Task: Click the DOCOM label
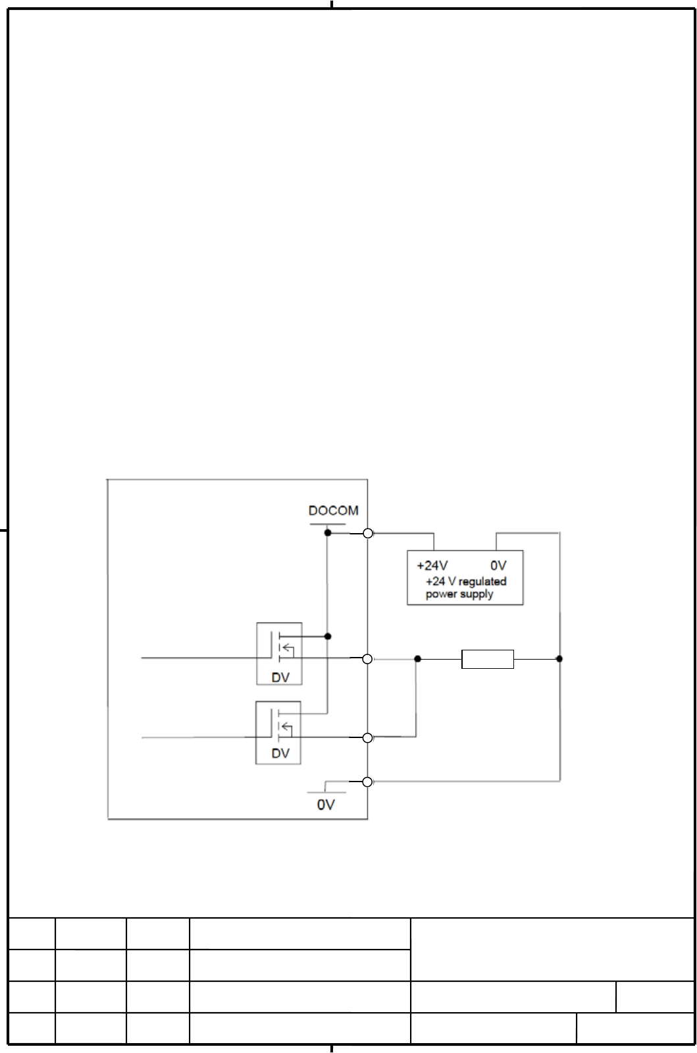point(333,511)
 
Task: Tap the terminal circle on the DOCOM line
point(368,533)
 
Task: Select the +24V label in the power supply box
point(432,565)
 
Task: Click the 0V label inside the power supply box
point(498,565)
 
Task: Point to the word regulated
point(482,581)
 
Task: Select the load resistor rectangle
point(488,659)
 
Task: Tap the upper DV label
point(280,677)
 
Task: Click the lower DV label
point(280,753)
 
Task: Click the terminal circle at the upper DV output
point(368,659)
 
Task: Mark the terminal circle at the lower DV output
point(368,738)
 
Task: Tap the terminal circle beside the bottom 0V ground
point(368,782)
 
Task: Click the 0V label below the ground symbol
point(326,805)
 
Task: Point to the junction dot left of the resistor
point(417,658)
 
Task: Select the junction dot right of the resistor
point(559,658)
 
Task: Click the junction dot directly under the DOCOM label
point(328,532)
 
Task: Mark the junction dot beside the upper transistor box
point(328,637)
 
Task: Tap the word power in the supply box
point(440,594)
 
